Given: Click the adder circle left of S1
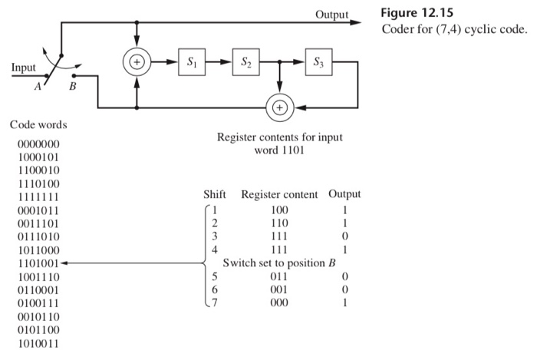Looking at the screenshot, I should [137, 61].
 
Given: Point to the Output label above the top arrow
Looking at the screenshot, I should [331, 15].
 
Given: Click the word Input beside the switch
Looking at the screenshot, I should [22, 68].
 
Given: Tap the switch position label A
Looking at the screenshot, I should [36, 87].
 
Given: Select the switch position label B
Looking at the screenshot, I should [73, 87].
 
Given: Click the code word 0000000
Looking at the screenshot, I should [38, 144].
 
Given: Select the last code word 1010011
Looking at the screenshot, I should [38, 343].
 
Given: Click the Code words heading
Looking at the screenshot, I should [38, 124].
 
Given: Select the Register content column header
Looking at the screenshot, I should [279, 194].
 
